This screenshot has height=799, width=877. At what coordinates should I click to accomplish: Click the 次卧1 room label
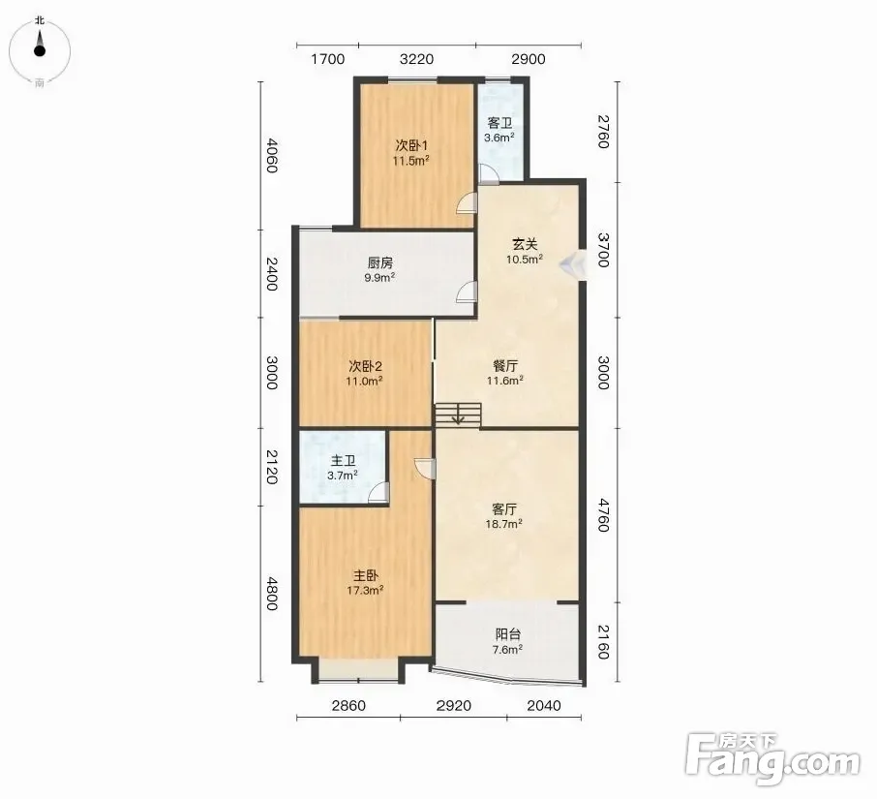tap(411, 145)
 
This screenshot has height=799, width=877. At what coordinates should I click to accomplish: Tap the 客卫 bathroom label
tap(500, 123)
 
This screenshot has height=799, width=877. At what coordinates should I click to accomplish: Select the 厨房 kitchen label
tap(380, 263)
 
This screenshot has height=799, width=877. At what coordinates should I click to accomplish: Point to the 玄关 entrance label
tap(526, 244)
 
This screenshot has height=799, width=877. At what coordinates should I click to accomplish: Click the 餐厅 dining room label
tap(505, 366)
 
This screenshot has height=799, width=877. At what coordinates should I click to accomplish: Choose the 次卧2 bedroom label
tap(365, 366)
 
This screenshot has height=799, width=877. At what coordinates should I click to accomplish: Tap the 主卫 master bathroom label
tap(343, 461)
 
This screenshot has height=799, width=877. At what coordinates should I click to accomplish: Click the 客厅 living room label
tap(504, 509)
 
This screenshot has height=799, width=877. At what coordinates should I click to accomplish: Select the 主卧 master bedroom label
tap(366, 575)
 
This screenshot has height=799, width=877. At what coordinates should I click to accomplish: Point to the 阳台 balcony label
tap(508, 634)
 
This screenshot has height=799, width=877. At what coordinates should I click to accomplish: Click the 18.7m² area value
tap(504, 524)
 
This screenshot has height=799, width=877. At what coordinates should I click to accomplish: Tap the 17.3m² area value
tap(365, 590)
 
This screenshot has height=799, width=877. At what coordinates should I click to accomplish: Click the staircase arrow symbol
tap(458, 416)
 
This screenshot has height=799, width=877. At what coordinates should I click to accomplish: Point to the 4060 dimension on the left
tap(271, 155)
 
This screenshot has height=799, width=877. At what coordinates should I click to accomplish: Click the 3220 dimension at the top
tap(417, 59)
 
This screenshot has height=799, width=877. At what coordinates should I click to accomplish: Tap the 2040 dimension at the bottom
tap(544, 706)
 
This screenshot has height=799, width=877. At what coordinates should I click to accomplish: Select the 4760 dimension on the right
tap(603, 515)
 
